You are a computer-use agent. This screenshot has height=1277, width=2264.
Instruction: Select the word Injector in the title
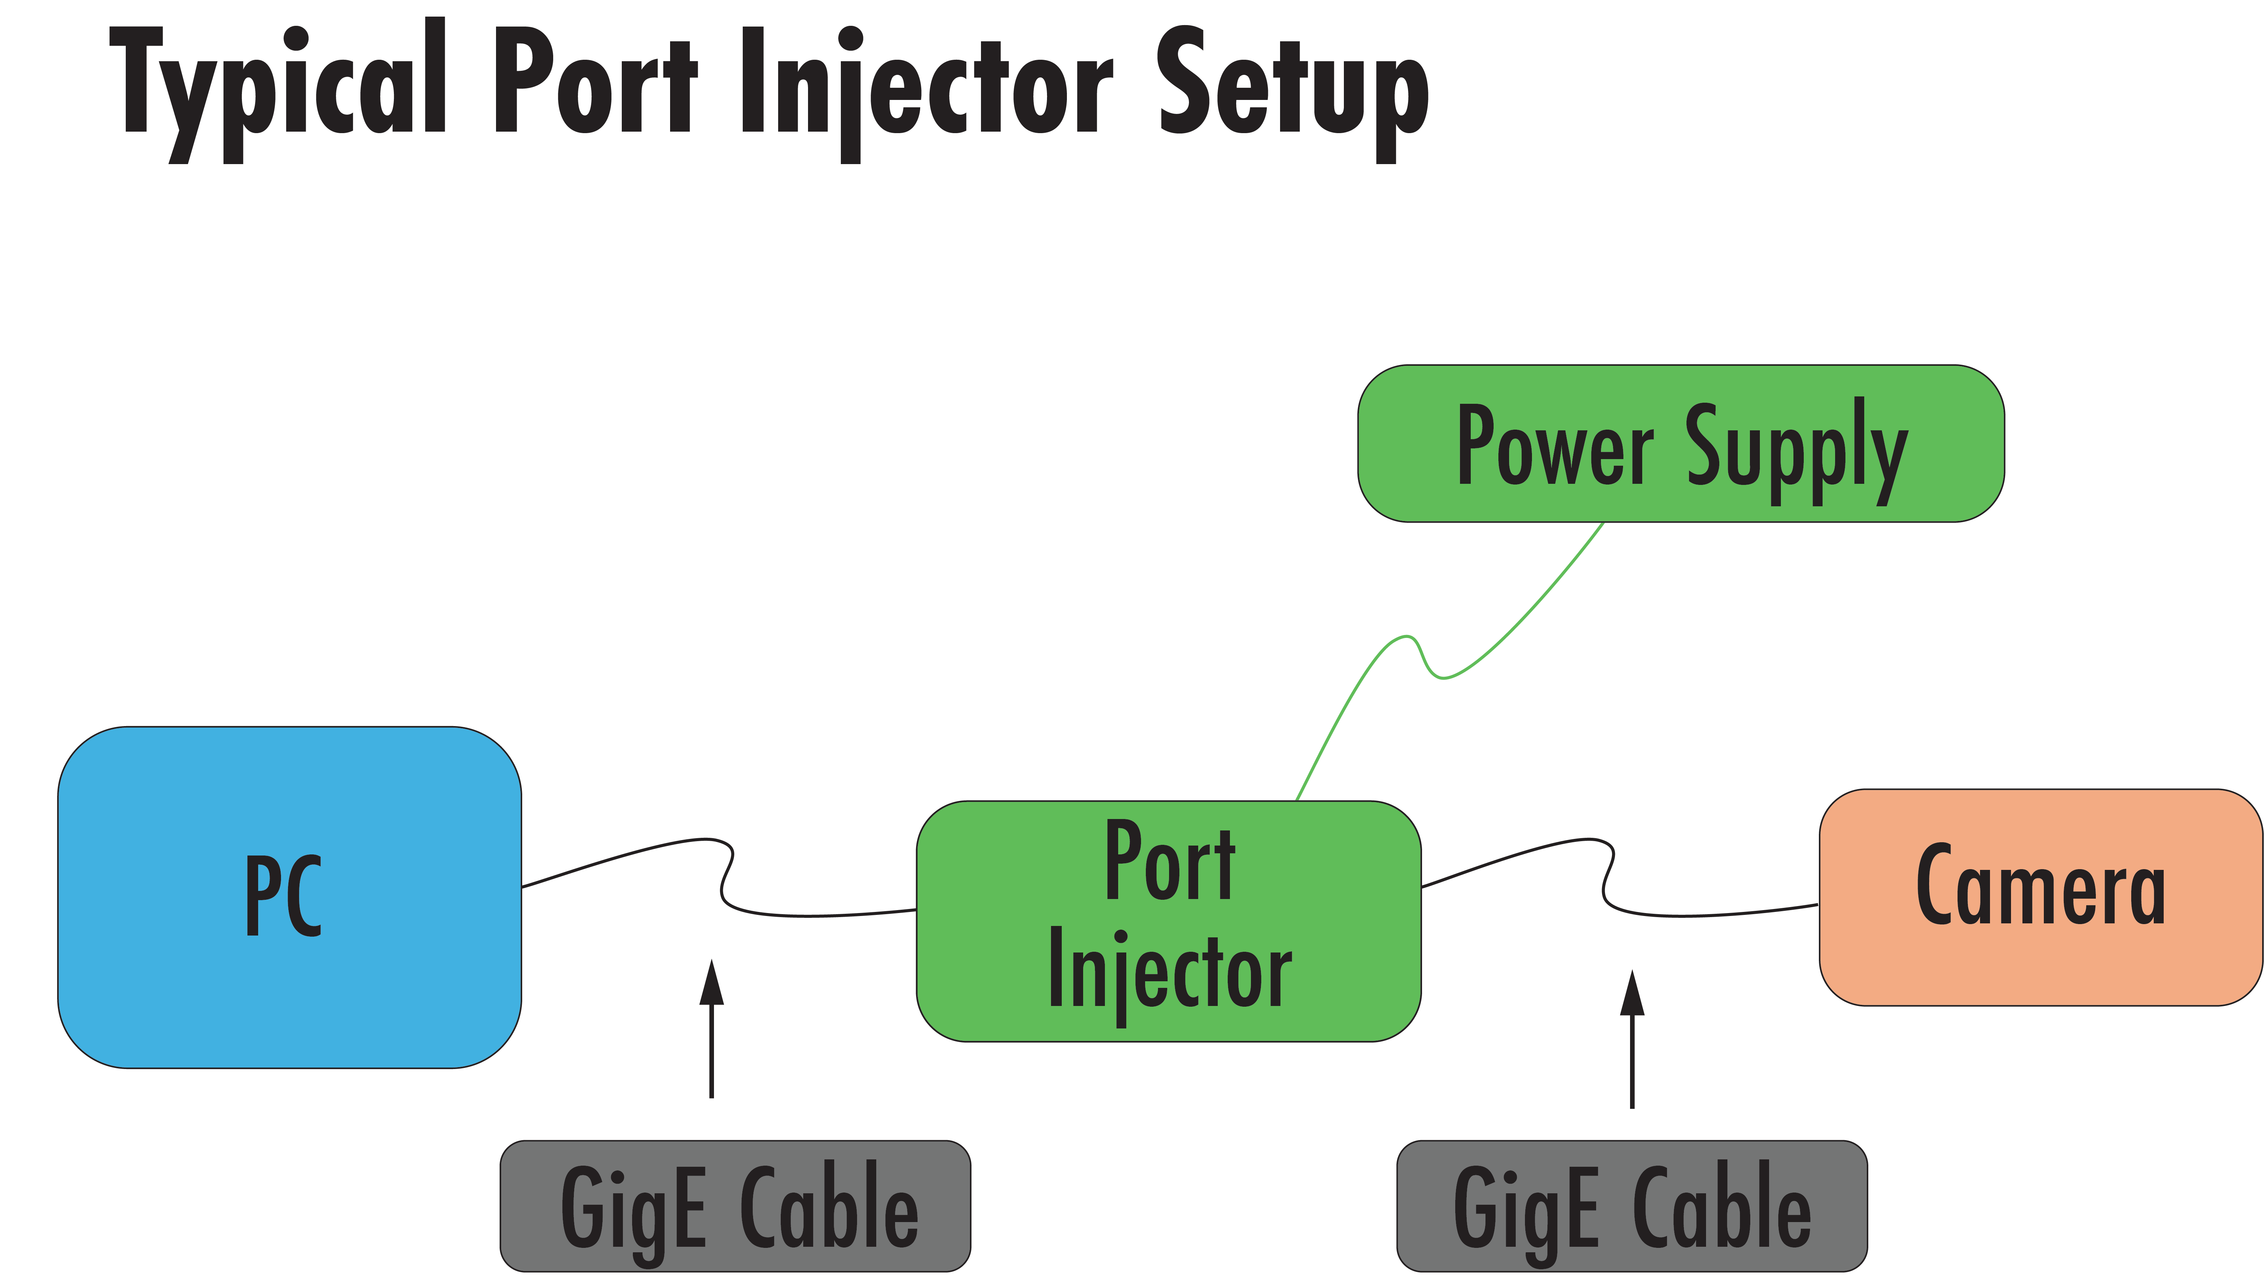tap(927, 88)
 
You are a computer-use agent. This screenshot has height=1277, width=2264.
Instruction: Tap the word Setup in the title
tap(1292, 88)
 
